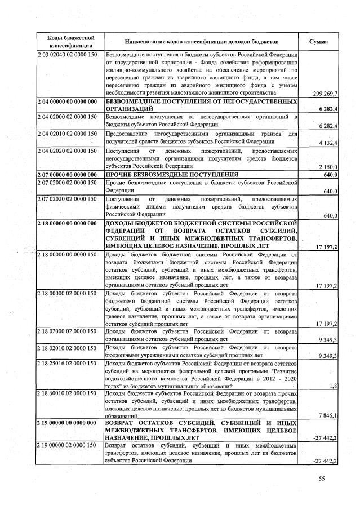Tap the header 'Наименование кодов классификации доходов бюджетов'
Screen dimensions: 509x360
pyautogui.click(x=201, y=42)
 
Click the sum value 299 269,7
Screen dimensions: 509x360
pyautogui.click(x=324, y=93)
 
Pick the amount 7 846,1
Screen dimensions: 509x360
pyautogui.click(x=327, y=415)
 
